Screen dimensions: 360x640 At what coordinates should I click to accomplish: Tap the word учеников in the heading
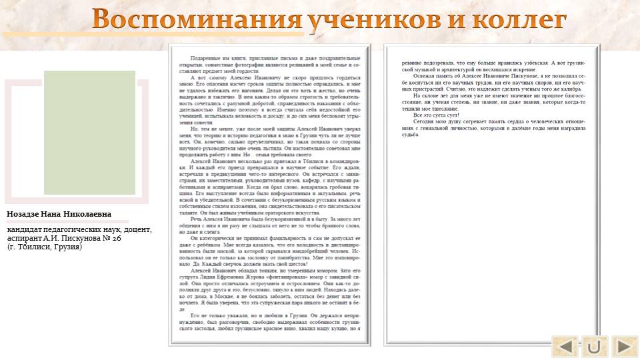pos(374,20)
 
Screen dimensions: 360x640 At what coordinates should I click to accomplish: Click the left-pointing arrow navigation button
pos(565,346)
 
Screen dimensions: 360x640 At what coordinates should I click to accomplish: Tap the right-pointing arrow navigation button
pos(625,346)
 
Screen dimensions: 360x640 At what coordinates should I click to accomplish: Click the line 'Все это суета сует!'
pos(433,115)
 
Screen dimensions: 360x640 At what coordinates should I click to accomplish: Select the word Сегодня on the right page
pos(424,121)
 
